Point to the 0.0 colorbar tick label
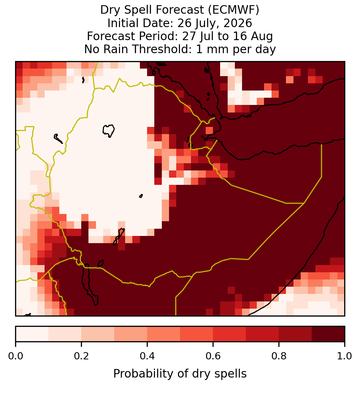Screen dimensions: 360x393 pos(16,356)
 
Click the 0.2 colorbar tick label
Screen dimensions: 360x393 pos(81,356)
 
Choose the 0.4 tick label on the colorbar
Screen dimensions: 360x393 pos(147,356)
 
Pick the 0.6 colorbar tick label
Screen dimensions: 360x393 pos(213,356)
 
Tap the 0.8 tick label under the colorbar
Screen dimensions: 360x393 pos(279,356)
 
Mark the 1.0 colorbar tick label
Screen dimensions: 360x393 pos(345,356)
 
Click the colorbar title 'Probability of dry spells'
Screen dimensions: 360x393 pos(180,374)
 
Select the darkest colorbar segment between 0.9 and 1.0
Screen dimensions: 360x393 pos(328,334)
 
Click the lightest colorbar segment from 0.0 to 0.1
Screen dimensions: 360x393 pos(32,334)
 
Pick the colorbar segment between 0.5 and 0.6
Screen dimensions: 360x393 pos(197,334)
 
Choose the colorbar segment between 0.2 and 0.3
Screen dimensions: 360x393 pos(98,334)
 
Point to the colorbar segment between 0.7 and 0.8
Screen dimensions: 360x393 pos(262,334)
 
